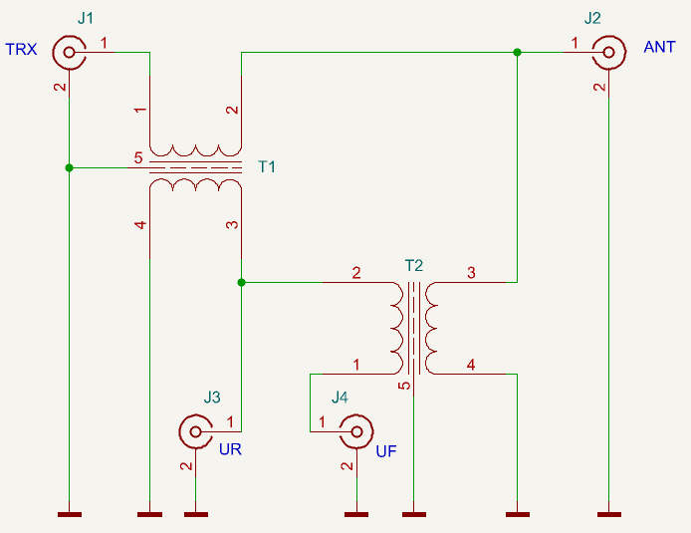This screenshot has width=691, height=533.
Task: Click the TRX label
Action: click(x=21, y=49)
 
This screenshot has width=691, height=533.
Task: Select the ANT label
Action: click(x=659, y=47)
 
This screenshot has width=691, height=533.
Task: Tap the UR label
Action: click(x=230, y=449)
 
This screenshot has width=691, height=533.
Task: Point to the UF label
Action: click(x=386, y=451)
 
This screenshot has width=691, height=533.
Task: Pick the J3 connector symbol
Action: click(x=196, y=431)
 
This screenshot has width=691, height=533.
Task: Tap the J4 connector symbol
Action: click(x=356, y=431)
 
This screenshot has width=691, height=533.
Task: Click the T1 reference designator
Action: click(x=267, y=166)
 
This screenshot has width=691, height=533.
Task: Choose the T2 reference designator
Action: click(x=414, y=265)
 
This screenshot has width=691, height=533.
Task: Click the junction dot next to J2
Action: click(x=518, y=53)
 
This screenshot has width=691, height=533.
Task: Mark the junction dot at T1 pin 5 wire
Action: click(x=69, y=168)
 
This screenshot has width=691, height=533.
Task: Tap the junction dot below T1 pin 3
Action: click(x=242, y=282)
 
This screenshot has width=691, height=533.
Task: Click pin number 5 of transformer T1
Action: click(x=138, y=157)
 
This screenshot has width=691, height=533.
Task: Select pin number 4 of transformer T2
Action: click(x=471, y=365)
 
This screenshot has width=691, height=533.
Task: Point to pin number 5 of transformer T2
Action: click(x=404, y=386)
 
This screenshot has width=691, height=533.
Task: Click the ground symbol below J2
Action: click(x=609, y=514)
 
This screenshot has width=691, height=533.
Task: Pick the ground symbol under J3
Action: click(x=196, y=514)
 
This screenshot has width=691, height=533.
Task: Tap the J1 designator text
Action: click(x=86, y=18)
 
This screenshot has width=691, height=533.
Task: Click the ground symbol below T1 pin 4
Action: click(x=149, y=514)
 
